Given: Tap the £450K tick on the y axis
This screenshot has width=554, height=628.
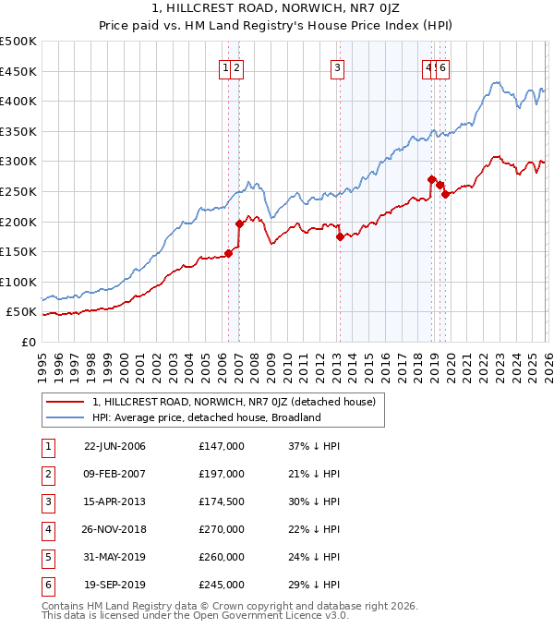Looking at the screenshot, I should (18, 71).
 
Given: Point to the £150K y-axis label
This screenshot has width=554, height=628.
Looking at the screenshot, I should (18, 251).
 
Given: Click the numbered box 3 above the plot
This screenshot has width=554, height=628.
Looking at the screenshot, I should (337, 67).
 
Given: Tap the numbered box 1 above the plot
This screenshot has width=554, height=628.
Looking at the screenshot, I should (225, 67).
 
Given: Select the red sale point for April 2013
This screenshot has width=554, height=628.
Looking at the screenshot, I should (340, 236).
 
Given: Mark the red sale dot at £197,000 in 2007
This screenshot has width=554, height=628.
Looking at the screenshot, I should (239, 223).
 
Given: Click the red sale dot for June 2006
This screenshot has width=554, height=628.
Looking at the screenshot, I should (229, 253).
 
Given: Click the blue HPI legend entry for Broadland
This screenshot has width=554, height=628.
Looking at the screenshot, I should (205, 417).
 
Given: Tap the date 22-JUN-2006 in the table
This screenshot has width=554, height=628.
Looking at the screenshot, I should (114, 446).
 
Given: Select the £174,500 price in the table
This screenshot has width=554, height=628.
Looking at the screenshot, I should (222, 501).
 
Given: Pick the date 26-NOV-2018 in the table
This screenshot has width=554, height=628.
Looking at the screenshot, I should (114, 529).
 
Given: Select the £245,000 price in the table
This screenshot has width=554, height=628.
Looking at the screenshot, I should (222, 585).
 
